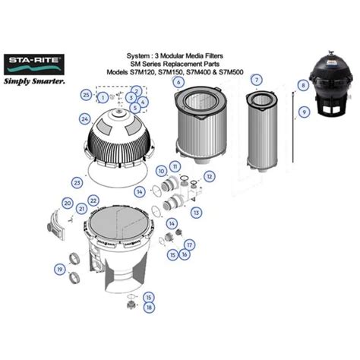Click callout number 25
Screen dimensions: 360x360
(x=86, y=94)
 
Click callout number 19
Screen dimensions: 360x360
(x=59, y=268)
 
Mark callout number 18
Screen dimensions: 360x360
(x=149, y=307)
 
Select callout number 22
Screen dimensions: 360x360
(x=93, y=200)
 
